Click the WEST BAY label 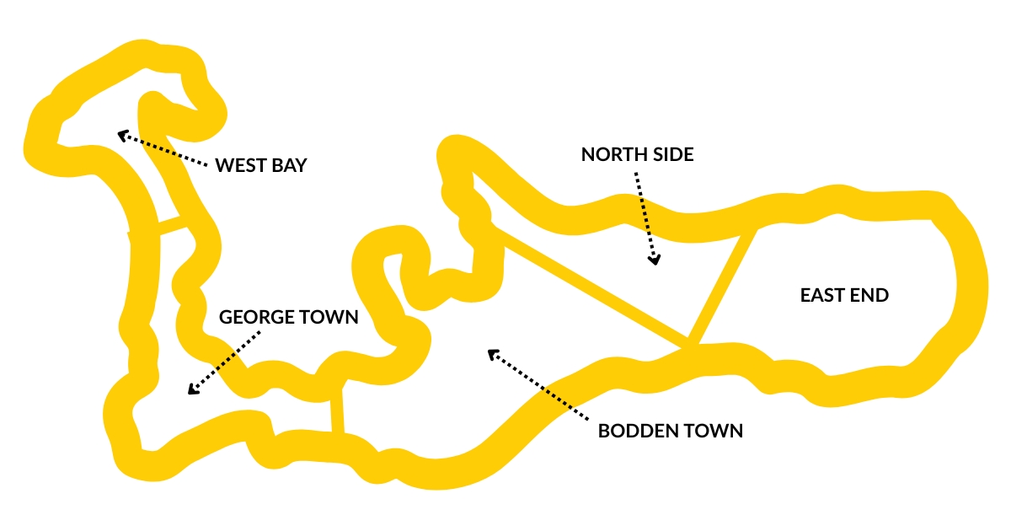(x=261, y=165)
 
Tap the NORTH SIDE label (x=638, y=154)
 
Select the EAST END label (x=844, y=295)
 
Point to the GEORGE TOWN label (x=289, y=317)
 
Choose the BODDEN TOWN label (x=671, y=431)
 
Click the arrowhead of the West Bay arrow (x=121, y=134)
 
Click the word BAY (x=289, y=165)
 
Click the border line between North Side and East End (x=723, y=287)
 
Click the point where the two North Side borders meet (x=690, y=344)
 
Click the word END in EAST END (x=871, y=295)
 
